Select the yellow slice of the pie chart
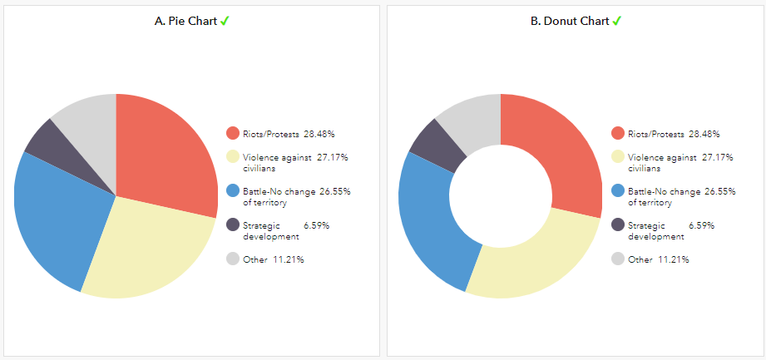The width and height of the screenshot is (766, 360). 150,249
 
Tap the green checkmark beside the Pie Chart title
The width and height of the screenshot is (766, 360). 225,21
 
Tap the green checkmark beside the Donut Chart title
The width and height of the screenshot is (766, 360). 617,21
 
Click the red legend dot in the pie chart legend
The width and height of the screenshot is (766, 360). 233,133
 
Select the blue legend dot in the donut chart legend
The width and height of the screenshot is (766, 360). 618,190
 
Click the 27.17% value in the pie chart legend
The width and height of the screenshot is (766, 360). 333,157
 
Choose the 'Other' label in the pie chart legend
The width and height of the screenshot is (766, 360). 254,259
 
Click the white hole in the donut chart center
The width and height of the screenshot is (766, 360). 501,195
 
